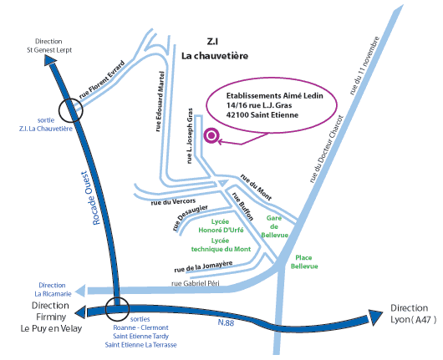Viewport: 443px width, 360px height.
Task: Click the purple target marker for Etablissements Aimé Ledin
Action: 211,135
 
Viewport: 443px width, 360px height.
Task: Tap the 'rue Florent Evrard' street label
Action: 102,79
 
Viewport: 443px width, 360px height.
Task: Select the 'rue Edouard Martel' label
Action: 160,101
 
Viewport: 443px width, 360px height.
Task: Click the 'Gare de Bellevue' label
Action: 275,226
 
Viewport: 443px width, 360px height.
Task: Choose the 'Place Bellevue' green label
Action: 304,261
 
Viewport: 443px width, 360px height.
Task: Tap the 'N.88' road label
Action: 226,322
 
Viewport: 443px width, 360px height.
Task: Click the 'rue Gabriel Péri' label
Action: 196,283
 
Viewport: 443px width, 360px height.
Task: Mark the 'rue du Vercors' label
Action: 173,201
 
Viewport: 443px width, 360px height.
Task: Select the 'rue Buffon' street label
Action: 242,206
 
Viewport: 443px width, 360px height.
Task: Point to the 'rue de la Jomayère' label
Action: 203,266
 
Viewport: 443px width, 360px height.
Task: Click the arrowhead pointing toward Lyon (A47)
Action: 375,317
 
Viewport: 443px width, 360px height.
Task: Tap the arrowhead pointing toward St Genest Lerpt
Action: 51,60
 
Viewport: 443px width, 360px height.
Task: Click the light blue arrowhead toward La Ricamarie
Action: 80,291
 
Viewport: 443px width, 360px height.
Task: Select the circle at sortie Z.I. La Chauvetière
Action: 71,110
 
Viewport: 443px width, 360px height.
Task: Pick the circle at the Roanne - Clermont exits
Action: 117,309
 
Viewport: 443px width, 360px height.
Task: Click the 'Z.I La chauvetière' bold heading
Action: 215,48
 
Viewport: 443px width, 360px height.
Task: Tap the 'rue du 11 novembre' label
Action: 364,65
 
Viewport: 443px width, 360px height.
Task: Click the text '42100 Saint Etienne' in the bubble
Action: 262,115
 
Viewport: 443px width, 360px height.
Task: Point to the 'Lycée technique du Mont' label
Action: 221,245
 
